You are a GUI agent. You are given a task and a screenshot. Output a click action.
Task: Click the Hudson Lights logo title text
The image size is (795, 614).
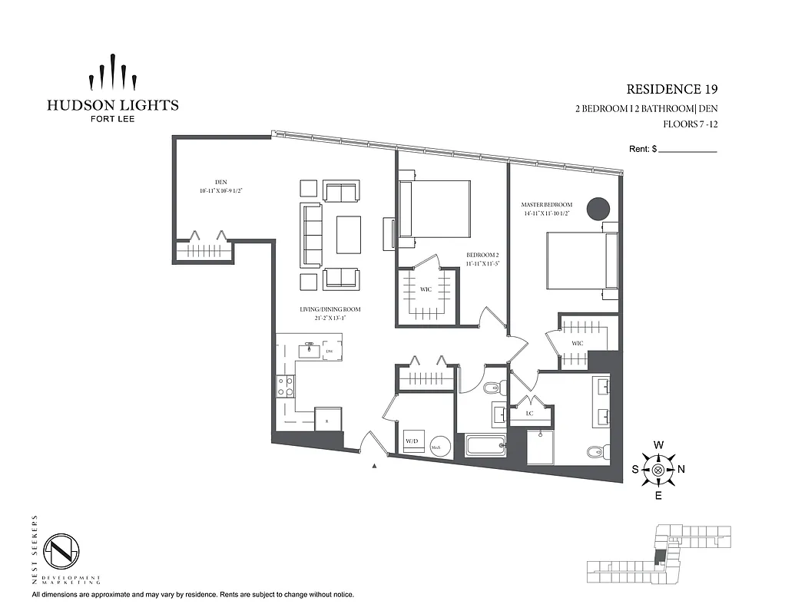(x=112, y=105)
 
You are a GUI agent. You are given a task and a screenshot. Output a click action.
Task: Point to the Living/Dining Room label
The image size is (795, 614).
(x=330, y=309)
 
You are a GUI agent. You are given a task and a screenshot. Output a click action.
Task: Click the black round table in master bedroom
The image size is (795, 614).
(x=598, y=208)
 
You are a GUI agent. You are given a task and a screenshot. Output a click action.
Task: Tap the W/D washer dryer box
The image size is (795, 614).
(x=412, y=442)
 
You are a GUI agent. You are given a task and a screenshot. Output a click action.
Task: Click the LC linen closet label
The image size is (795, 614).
(x=529, y=413)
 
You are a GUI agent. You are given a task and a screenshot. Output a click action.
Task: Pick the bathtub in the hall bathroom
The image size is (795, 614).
(x=485, y=445)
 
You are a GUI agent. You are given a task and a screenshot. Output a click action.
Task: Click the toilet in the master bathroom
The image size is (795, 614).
(x=595, y=451)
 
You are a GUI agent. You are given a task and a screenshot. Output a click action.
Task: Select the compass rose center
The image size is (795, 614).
(x=658, y=470)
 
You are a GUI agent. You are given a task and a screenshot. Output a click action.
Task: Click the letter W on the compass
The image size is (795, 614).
(x=658, y=445)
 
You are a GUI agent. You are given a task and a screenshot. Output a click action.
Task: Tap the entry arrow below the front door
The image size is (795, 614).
(x=374, y=465)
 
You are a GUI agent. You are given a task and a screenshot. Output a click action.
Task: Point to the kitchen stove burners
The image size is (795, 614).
(x=286, y=385)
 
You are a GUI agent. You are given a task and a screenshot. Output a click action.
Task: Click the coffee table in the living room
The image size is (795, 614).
(x=349, y=234)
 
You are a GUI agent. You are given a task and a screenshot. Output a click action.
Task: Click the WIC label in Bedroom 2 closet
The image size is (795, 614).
(x=425, y=290)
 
